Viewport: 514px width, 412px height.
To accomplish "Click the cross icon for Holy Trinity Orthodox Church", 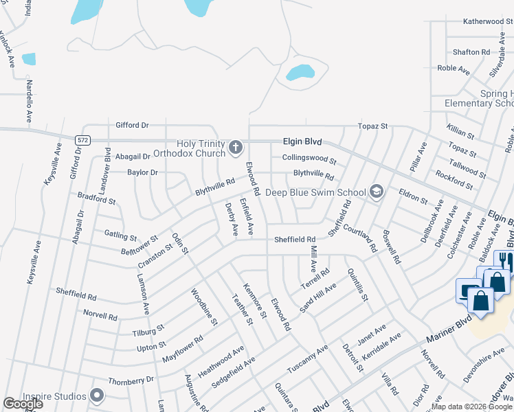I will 236,147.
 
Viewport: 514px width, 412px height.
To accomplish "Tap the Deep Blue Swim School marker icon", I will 376,191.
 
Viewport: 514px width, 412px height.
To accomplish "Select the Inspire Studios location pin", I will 97,396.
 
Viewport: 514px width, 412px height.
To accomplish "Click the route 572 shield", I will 83,140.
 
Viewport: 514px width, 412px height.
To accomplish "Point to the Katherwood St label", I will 483,21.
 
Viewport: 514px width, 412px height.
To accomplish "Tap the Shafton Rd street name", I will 471,51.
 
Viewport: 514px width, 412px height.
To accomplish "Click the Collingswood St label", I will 309,159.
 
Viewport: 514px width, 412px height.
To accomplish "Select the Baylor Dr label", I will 142,172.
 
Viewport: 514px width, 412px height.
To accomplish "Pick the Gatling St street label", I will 120,235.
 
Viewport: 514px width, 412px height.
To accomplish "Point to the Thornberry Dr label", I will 131,380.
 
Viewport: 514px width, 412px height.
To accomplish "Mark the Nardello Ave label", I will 30,101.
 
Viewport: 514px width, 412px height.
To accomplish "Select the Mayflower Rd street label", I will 182,349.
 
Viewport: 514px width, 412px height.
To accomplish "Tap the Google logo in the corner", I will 23,403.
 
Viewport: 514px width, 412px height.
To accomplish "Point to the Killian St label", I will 460,132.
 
